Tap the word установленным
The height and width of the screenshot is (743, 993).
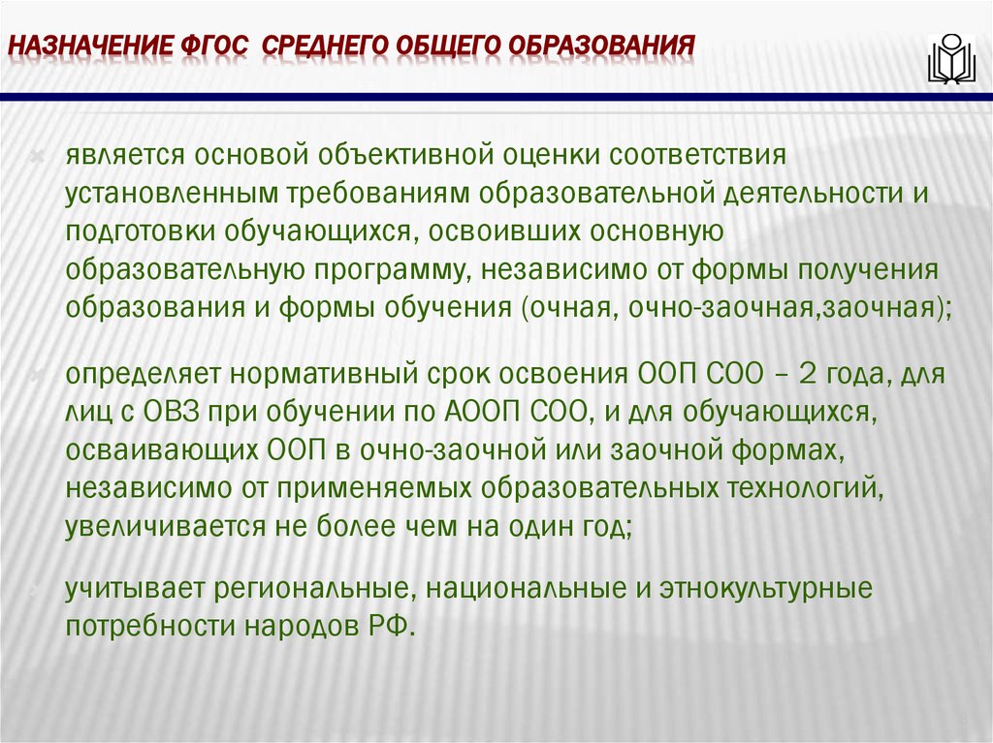pyautogui.click(x=170, y=193)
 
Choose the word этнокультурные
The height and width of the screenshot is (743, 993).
pyautogui.click(x=766, y=588)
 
